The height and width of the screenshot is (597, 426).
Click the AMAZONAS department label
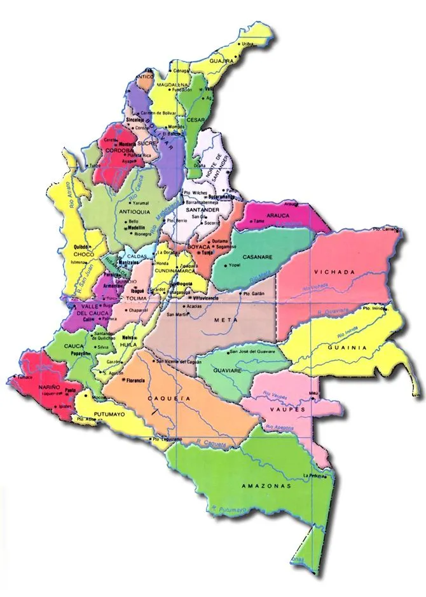click(x=266, y=486)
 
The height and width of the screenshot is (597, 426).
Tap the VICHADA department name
click(x=333, y=272)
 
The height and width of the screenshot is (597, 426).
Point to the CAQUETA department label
click(x=169, y=398)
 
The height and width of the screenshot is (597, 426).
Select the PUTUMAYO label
click(x=109, y=414)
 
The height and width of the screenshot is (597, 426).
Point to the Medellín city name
click(x=136, y=227)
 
